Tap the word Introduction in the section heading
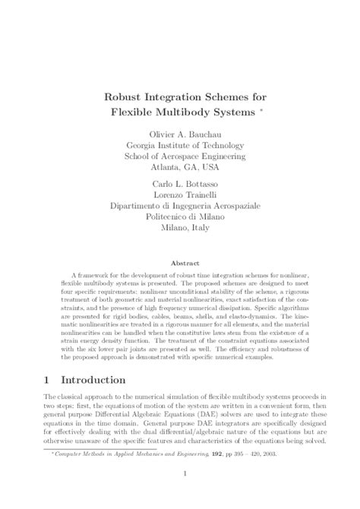pyautogui.click(x=103, y=379)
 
